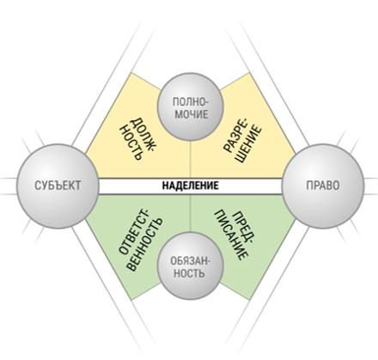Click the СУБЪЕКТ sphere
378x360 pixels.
click(x=58, y=186)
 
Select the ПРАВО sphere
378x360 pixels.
click(x=323, y=186)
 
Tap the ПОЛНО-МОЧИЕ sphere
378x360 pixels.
click(x=191, y=107)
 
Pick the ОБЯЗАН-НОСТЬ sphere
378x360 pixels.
click(x=191, y=266)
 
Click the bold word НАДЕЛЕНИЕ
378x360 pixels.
click(x=191, y=186)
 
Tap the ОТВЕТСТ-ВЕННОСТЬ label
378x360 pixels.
click(x=140, y=241)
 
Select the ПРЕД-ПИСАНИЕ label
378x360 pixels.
click(x=235, y=235)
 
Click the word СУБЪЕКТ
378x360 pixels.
click(x=58, y=186)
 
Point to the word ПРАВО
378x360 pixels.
click(x=323, y=186)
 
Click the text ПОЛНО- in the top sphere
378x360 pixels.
click(x=191, y=101)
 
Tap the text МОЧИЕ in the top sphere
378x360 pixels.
click(x=192, y=114)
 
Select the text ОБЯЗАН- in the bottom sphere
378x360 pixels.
click(x=190, y=261)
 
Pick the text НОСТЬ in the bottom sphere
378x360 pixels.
click(x=189, y=273)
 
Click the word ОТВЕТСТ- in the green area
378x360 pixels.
click(x=134, y=233)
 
